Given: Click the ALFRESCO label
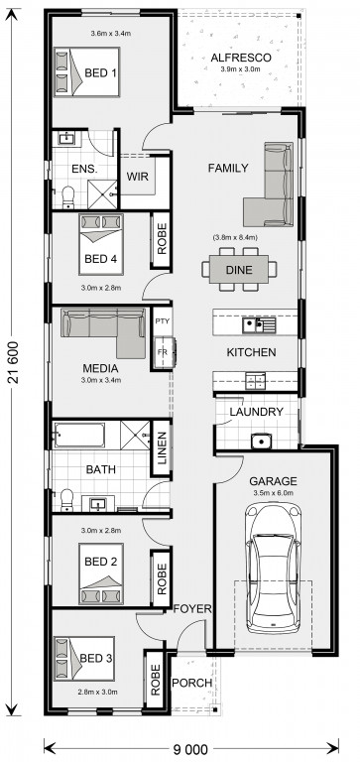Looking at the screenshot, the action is point(240,58).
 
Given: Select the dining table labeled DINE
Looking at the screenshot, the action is point(239,269).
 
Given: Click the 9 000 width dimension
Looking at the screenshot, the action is point(189,748).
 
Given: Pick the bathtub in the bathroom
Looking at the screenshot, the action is point(78,435).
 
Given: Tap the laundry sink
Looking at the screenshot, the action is point(261,442).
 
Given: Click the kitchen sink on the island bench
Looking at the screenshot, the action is point(259,323).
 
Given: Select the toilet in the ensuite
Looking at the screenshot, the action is point(67,196).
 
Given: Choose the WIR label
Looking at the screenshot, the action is point(138,176).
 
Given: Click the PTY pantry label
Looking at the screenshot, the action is point(161,321).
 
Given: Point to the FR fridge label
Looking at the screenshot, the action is point(162,352).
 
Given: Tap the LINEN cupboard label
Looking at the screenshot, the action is point(162,447).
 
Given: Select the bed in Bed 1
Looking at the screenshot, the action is point(86,71).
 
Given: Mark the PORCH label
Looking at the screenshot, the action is point(192,683).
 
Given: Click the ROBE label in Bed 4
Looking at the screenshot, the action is point(162,238).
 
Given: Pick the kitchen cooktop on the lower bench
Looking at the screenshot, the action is point(255,381).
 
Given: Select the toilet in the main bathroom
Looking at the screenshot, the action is point(66,500).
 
